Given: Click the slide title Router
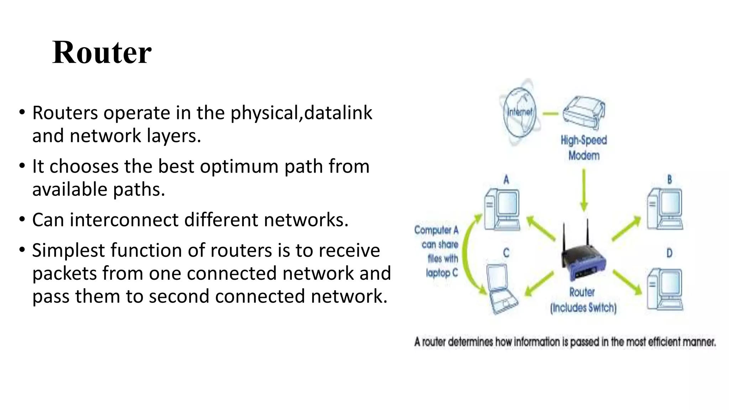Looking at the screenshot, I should tap(102, 53).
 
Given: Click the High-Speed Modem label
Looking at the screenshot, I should tap(584, 148).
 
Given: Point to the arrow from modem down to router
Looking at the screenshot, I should tap(583, 190).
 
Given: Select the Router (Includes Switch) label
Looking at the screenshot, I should tap(583, 300).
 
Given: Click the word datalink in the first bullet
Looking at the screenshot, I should tap(338, 113).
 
